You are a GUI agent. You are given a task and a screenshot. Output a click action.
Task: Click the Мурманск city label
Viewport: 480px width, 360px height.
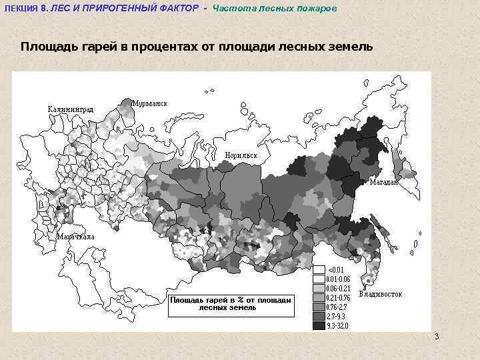click(150, 103)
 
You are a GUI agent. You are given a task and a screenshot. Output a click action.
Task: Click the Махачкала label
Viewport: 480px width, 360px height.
click(76, 237)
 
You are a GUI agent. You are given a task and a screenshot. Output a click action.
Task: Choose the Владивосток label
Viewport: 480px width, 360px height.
click(381, 294)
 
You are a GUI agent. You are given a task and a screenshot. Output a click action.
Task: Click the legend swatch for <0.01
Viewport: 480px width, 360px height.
click(319, 269)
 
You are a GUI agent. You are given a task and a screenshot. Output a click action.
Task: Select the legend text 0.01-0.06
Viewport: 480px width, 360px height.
click(337, 279)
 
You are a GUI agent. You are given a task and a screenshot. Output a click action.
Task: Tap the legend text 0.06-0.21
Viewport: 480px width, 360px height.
click(337, 288)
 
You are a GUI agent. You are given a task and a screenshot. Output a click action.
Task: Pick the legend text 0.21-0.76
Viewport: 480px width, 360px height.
click(337, 297)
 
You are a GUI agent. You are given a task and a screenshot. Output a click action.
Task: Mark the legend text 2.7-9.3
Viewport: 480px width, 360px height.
click(335, 316)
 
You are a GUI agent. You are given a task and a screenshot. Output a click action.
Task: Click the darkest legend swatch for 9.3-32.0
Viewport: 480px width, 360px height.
click(319, 325)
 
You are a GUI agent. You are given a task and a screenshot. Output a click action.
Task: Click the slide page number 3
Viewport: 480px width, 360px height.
click(437, 335)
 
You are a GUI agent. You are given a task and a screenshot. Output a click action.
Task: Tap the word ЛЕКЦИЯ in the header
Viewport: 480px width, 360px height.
click(21, 7)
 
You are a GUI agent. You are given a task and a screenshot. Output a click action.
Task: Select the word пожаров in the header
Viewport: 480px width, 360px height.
click(317, 7)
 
